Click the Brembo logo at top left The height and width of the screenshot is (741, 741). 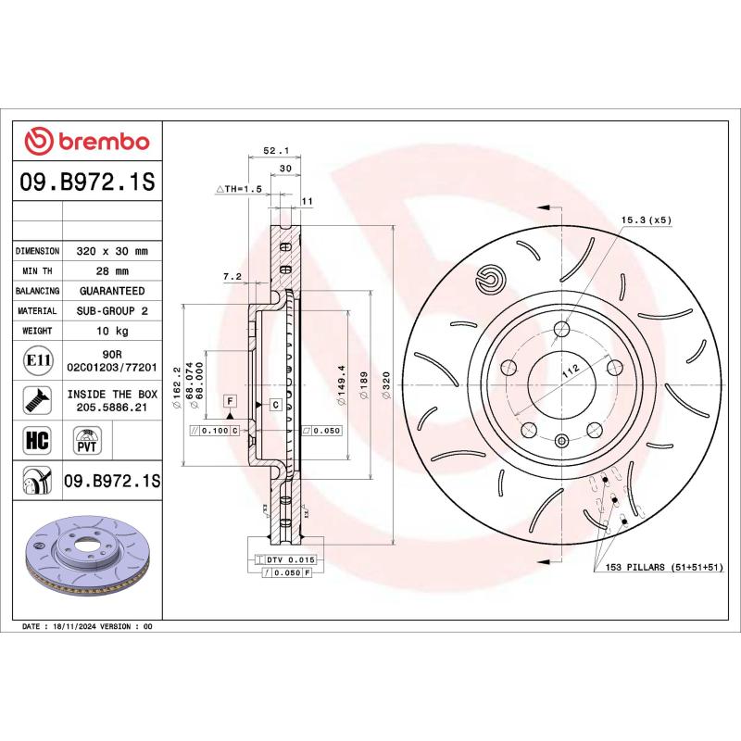tap(86, 142)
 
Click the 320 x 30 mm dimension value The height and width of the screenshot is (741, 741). tap(111, 251)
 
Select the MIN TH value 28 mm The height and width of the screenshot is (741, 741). tap(111, 271)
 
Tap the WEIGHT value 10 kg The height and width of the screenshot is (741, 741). tap(111, 331)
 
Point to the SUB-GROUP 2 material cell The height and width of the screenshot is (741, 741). tap(111, 311)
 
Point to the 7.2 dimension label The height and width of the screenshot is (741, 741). tap(232, 276)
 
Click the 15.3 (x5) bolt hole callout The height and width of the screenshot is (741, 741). tap(646, 220)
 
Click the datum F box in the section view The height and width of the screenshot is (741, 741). tap(229, 400)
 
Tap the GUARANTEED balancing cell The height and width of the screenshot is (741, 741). tap(111, 291)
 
